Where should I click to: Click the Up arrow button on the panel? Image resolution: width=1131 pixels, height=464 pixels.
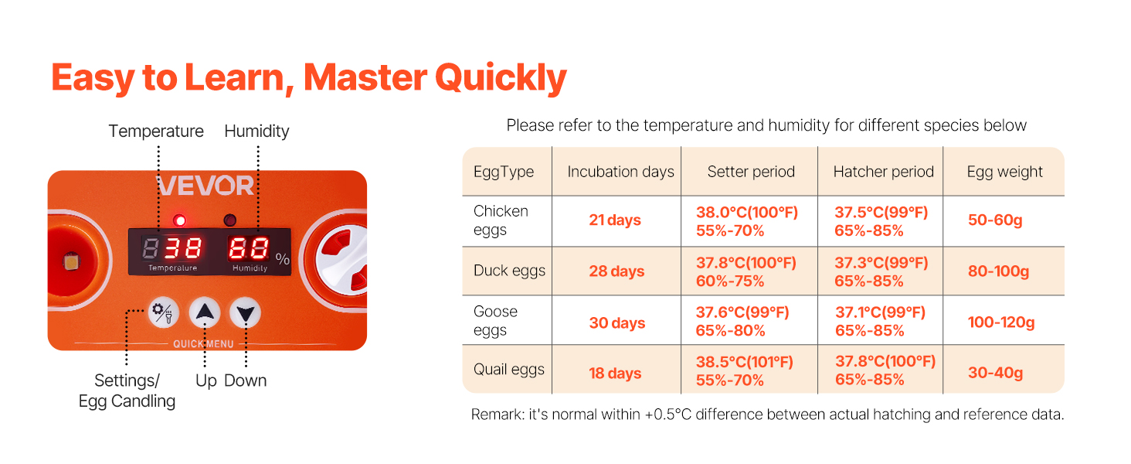(x=205, y=313)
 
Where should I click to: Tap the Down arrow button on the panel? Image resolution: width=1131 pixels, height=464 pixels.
(x=246, y=313)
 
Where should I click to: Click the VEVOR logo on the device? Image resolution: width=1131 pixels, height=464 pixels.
(x=205, y=186)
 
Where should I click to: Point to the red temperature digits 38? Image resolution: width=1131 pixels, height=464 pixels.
(x=183, y=248)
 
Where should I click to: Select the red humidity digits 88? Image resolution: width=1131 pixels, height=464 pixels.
(x=248, y=248)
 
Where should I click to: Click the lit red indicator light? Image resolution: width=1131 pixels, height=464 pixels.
(x=180, y=220)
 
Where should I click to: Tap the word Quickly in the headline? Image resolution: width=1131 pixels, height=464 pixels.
(x=501, y=78)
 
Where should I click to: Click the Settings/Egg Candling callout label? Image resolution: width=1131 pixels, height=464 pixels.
(x=127, y=391)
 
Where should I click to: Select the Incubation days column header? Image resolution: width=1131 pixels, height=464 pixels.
(x=620, y=172)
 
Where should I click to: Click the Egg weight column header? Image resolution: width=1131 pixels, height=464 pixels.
(x=1004, y=172)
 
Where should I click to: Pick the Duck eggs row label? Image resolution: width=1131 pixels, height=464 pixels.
(x=509, y=271)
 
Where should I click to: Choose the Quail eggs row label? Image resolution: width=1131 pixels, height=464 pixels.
(x=509, y=370)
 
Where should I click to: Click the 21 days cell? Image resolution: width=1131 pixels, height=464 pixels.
(x=615, y=220)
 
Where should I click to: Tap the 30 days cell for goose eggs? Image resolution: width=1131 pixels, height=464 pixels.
(x=616, y=323)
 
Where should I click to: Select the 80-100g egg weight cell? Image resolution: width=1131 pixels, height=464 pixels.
(x=998, y=271)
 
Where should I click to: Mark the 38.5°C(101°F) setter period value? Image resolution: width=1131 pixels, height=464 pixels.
(x=744, y=362)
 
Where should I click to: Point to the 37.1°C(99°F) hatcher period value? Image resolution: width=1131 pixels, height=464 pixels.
(x=880, y=312)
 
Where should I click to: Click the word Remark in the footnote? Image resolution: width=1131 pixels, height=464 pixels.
(x=497, y=415)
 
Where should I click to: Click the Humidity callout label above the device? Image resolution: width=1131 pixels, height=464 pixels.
(x=256, y=131)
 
